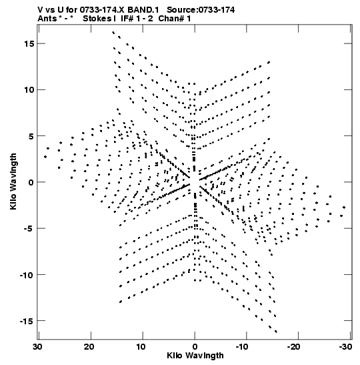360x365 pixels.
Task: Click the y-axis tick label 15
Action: click(29, 43)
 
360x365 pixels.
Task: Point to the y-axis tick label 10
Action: click(29, 89)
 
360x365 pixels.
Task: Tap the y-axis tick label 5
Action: click(31, 136)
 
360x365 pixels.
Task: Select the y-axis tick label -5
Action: click(29, 228)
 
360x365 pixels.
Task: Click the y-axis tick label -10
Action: click(27, 275)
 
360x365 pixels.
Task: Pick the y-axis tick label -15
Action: click(27, 321)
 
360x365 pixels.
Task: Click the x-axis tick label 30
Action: click(37, 347)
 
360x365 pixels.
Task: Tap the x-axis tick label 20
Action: click(89, 347)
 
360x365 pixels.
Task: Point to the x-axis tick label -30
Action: click(345, 347)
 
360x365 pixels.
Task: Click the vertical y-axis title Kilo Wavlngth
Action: click(13, 181)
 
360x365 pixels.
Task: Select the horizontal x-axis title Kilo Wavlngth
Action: click(195, 356)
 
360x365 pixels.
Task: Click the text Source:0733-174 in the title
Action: click(201, 10)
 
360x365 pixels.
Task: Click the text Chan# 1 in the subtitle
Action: click(175, 19)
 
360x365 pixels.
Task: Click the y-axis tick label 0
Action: click(31, 182)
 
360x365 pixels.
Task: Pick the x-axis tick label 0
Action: click(195, 347)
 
